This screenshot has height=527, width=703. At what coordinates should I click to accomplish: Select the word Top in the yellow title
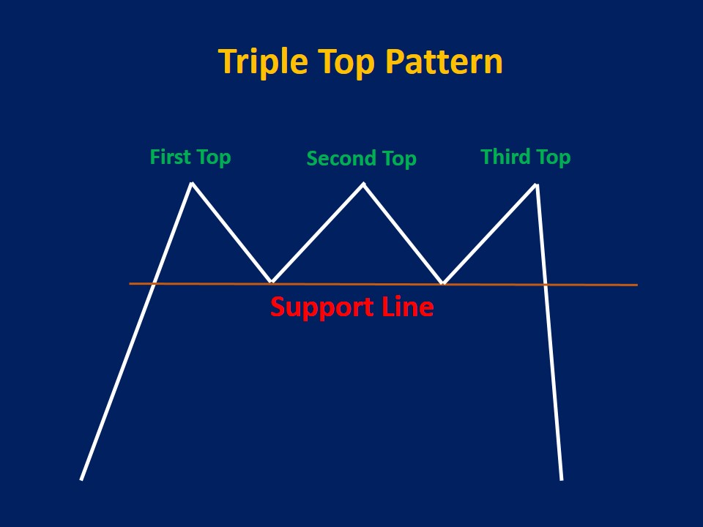click(347, 64)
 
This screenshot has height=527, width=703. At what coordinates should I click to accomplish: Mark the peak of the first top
click(192, 183)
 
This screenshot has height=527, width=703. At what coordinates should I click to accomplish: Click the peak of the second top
click(363, 184)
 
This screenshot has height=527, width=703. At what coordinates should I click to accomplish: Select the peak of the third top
click(537, 184)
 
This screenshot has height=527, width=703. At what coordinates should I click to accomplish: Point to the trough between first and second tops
click(272, 282)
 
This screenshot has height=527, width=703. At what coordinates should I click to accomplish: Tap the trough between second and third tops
click(443, 283)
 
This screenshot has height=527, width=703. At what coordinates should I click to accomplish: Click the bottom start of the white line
click(81, 479)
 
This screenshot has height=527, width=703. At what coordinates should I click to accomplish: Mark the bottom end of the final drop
click(562, 479)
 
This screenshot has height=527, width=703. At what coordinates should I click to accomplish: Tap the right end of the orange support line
click(636, 285)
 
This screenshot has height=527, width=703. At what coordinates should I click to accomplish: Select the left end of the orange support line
click(130, 283)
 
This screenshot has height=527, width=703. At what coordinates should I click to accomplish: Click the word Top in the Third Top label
click(554, 157)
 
